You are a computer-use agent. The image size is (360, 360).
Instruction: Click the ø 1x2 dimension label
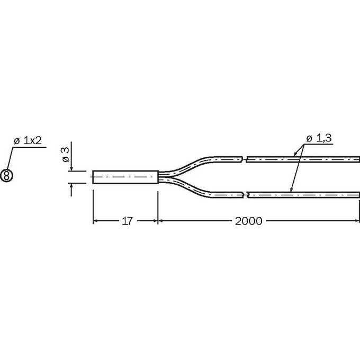point(28,141)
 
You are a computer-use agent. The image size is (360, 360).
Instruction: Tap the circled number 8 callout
point(7,176)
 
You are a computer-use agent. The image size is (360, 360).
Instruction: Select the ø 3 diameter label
point(66,155)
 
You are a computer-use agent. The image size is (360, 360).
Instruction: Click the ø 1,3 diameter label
point(319,138)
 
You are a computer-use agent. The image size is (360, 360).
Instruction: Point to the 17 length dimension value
point(127,221)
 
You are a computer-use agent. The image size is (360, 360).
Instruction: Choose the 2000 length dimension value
point(248,221)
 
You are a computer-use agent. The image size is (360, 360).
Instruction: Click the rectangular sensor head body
point(125,177)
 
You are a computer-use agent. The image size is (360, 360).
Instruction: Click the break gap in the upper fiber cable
point(244,159)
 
